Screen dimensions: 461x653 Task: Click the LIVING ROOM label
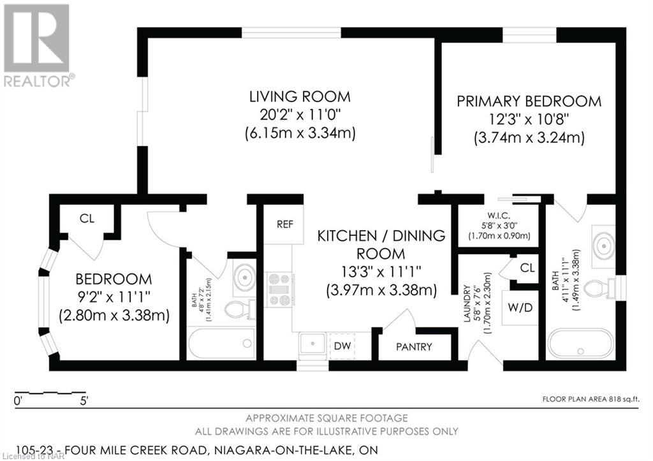tap(300, 97)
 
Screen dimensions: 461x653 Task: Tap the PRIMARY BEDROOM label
tap(529, 101)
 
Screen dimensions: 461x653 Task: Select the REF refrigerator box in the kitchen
tap(284, 224)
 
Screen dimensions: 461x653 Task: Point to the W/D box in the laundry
tap(520, 308)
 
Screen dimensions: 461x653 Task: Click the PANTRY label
tap(414, 347)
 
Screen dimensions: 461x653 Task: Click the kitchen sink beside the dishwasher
tap(313, 345)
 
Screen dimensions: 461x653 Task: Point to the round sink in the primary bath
tap(603, 242)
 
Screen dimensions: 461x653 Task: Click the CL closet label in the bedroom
tap(87, 218)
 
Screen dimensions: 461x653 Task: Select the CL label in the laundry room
tap(527, 267)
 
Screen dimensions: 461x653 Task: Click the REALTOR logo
tap(38, 45)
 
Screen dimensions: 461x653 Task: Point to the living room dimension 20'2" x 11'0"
tap(300, 115)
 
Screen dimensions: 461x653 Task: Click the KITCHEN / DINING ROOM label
tap(381, 244)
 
